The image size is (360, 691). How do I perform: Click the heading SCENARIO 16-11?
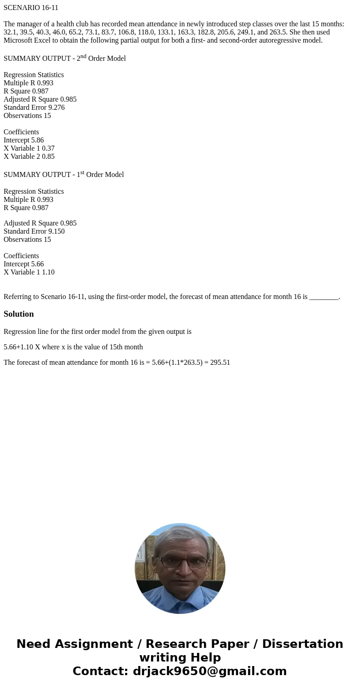click(x=31, y=8)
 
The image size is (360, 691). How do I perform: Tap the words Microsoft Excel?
click(x=27, y=40)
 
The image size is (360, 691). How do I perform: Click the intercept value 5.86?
click(x=37, y=140)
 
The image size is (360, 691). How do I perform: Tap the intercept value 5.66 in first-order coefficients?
click(x=37, y=264)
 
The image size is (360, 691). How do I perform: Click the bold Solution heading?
click(x=19, y=314)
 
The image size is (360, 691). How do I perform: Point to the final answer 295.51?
click(x=220, y=363)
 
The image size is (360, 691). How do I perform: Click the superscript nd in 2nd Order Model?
click(x=83, y=56)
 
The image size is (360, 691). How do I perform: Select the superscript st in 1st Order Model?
click(x=83, y=173)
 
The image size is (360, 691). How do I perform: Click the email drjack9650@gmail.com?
click(x=209, y=671)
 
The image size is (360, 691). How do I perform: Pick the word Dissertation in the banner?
click(x=302, y=644)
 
